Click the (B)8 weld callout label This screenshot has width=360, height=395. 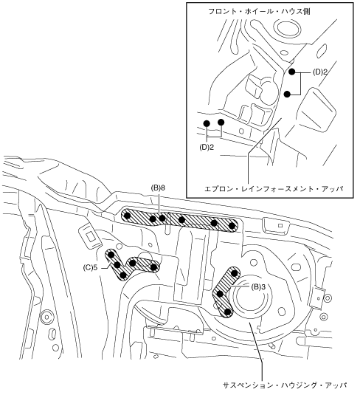click(x=158, y=188)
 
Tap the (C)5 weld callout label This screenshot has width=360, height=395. click(x=90, y=267)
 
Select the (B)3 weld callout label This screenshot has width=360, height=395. click(x=258, y=287)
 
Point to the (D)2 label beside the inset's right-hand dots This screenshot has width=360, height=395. click(x=320, y=72)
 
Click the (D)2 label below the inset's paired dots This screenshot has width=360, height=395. click(x=207, y=148)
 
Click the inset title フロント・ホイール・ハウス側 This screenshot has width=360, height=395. click(x=259, y=12)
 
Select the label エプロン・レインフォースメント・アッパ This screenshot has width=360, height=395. click(x=274, y=189)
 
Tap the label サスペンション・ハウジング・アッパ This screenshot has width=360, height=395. click(x=285, y=385)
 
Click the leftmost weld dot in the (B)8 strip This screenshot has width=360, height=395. click(x=128, y=216)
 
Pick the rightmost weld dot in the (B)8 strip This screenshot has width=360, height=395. click(x=232, y=226)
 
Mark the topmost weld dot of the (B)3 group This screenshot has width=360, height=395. click(x=234, y=273)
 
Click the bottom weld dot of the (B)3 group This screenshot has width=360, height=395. click(x=227, y=312)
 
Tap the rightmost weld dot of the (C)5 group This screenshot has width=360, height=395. click(x=153, y=267)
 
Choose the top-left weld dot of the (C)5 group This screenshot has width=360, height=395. click(x=111, y=255)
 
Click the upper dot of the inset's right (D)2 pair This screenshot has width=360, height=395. click(x=292, y=72)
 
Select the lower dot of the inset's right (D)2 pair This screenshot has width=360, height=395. click(x=287, y=95)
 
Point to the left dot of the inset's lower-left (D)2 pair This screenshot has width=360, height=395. click(x=207, y=123)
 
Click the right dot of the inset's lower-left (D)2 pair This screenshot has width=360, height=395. click(x=221, y=123)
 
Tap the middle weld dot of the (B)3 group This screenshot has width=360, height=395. click(x=220, y=293)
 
